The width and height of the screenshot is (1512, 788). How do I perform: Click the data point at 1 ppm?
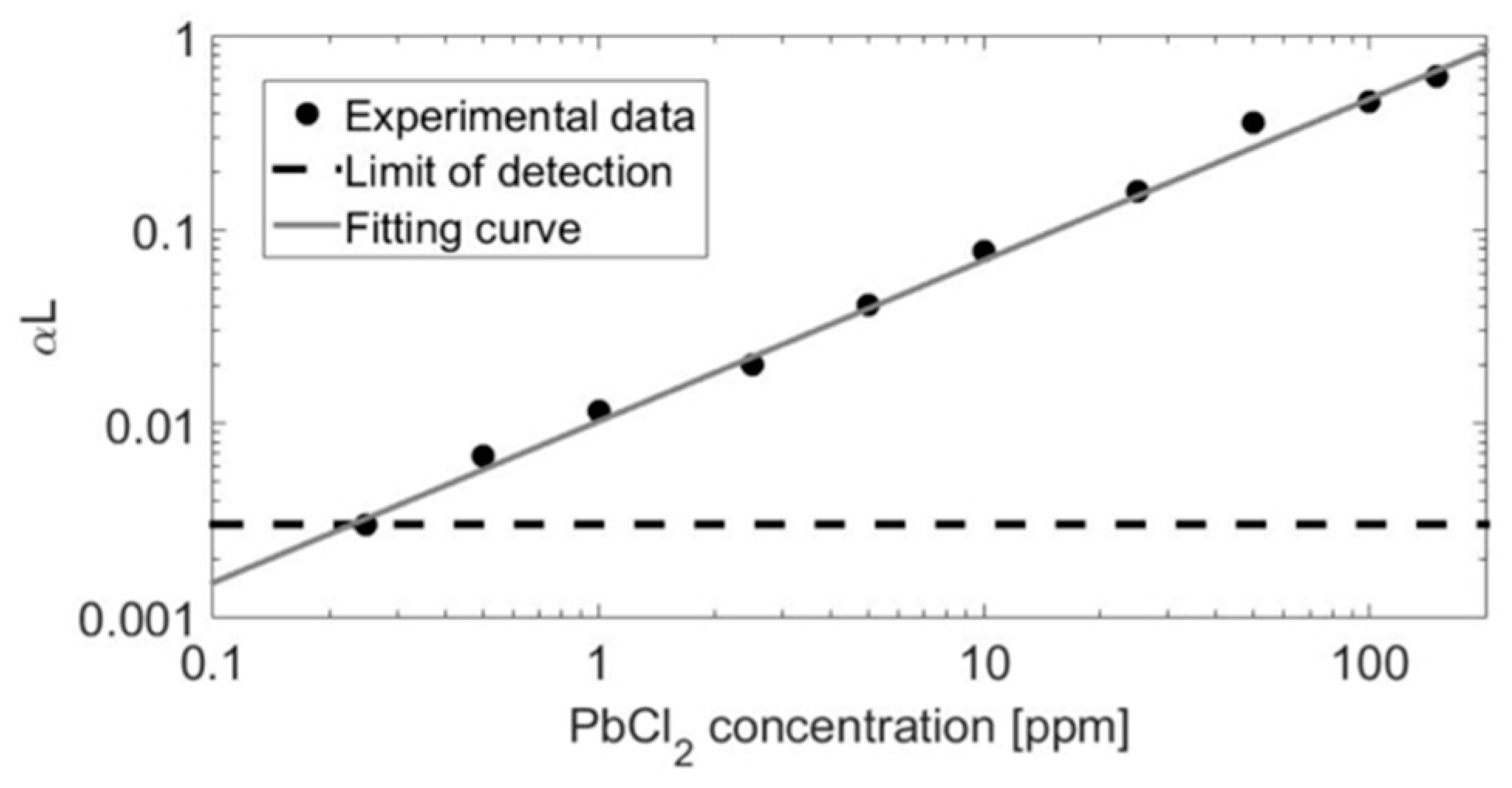point(598,410)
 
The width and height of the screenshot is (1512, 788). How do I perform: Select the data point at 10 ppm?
point(984,250)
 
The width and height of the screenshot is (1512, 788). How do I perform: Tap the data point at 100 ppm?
point(1369,102)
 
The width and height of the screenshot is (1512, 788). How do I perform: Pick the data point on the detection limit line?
point(366,525)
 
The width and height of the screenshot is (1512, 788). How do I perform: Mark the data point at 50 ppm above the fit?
point(1254,123)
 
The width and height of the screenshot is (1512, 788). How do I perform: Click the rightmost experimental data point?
point(1436,77)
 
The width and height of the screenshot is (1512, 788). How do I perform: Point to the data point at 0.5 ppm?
point(483,455)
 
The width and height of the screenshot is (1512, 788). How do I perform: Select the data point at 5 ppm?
point(869,304)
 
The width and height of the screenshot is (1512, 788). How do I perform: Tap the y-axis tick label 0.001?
point(135,619)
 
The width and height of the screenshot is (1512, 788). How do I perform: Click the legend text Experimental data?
point(520,117)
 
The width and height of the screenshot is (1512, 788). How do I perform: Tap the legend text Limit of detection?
point(508,172)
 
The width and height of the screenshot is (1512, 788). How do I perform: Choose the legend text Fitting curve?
point(462,229)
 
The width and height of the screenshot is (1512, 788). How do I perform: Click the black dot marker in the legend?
point(308,115)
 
